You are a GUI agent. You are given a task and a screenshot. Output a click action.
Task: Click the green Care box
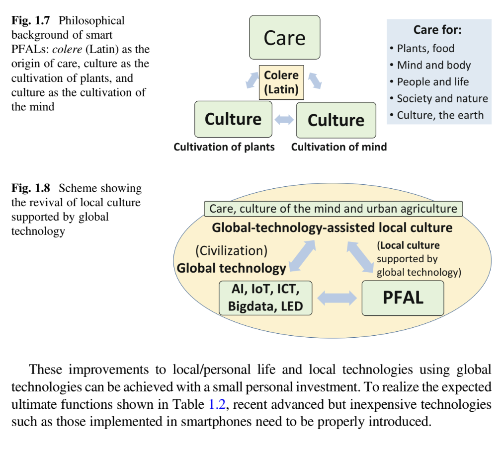pos(284,38)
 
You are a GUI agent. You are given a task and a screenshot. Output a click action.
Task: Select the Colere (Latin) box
pos(281,82)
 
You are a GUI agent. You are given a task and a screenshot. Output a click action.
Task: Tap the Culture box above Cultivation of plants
pos(233,119)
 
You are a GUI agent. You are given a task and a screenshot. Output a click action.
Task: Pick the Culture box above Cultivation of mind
pos(336,120)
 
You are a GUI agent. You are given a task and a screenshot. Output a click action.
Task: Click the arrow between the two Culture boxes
pos(284,120)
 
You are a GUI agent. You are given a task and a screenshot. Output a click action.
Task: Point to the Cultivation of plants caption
pos(224,147)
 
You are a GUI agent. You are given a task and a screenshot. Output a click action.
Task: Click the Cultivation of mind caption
pos(339,147)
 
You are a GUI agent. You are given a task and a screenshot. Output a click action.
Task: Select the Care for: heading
pos(437,30)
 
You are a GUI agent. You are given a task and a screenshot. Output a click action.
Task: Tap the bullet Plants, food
pos(425,49)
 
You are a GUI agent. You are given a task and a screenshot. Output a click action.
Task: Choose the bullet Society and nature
pos(442,98)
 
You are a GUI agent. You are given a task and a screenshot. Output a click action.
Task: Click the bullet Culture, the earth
pos(440,115)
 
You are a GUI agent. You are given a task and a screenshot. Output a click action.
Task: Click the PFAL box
pos(403,298)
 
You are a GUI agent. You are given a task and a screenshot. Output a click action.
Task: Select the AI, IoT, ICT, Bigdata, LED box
pos(265,298)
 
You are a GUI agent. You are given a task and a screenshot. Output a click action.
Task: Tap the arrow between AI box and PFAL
pos(337,298)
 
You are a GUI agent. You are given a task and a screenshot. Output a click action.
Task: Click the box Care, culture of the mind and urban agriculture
pos(333,209)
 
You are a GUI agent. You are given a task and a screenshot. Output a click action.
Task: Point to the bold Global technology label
pos(232,268)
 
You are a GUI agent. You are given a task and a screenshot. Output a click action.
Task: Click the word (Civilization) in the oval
pos(232,250)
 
